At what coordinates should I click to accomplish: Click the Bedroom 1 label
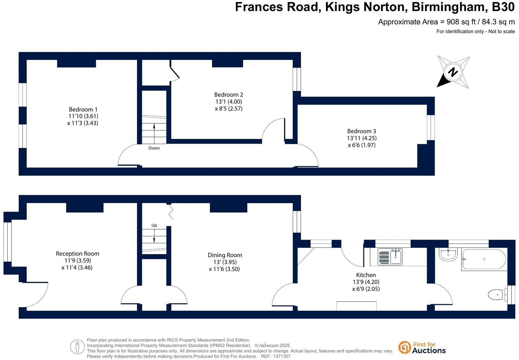pyautogui.click(x=83, y=110)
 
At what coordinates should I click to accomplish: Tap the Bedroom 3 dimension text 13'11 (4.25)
pyautogui.click(x=362, y=138)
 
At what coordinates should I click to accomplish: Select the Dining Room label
pyautogui.click(x=225, y=255)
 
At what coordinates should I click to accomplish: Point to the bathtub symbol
pyautogui.click(x=484, y=259)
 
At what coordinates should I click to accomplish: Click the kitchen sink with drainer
pyautogui.click(x=390, y=257)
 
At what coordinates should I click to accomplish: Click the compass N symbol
pyautogui.click(x=453, y=72)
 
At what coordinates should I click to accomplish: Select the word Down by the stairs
pyautogui.click(x=154, y=148)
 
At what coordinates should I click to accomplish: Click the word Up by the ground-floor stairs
pyautogui.click(x=154, y=225)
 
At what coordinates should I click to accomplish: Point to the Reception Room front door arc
pyautogui.click(x=37, y=295)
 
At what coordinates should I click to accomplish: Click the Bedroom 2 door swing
pyautogui.click(x=273, y=129)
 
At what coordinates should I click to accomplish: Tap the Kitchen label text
pyautogui.click(x=366, y=275)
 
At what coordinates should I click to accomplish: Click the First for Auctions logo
pyautogui.click(x=422, y=348)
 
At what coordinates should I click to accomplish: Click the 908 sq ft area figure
pyautogui.click(x=461, y=22)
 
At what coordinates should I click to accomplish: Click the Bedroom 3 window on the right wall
pyautogui.click(x=430, y=127)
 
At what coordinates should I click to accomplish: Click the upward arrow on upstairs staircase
pyautogui.click(x=154, y=129)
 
